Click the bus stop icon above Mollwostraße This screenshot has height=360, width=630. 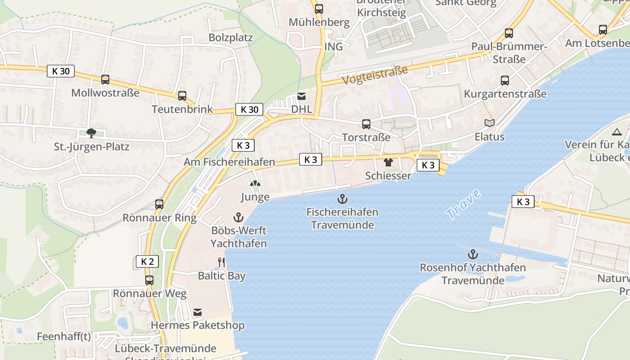tap(105, 80)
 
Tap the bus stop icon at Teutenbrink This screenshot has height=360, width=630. tap(182, 95)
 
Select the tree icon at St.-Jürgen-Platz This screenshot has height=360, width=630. tap(91, 133)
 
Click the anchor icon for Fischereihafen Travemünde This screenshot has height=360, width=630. tap(342, 198)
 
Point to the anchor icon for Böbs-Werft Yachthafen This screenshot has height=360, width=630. tap(238, 218)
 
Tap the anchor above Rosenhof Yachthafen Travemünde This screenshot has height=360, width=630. tap(472, 254)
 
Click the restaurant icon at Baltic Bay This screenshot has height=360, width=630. tap(221, 262)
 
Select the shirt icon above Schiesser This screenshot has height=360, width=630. tap(388, 162)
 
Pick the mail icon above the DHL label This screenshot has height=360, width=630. tap(301, 96)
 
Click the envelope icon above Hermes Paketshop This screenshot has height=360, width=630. tap(197, 312)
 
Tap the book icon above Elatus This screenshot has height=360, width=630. tap(489, 123)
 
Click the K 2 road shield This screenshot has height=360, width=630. tap(147, 261)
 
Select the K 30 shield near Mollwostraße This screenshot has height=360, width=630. tap(61, 71)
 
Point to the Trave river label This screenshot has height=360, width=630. tap(464, 205)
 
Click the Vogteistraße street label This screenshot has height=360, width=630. tap(374, 75)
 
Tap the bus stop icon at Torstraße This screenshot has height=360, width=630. tap(366, 124)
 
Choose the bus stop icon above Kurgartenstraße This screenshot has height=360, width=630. tap(505, 81)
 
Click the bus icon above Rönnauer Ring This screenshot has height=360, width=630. tap(159, 204)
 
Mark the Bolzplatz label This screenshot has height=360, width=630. tap(230, 37)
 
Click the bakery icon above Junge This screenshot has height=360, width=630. tap(255, 184)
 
